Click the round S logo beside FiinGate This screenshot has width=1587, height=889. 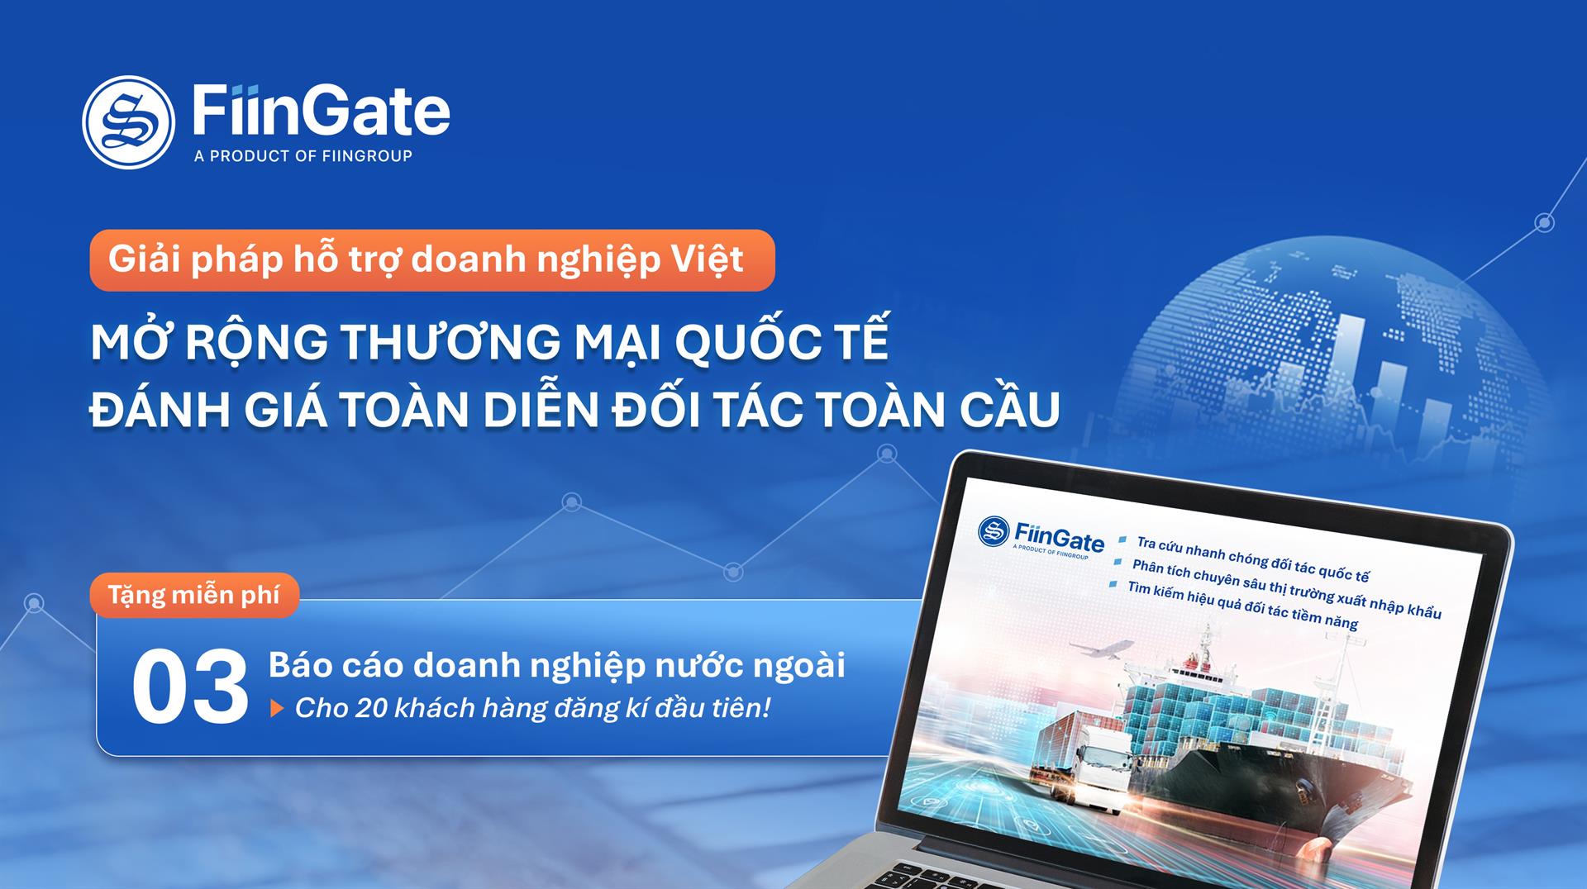tap(128, 122)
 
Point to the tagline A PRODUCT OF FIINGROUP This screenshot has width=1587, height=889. tap(303, 156)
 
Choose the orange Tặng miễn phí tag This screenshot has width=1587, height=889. tap(194, 595)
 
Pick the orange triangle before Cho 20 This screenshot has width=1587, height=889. tap(277, 709)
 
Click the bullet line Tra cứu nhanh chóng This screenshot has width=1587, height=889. tap(1252, 559)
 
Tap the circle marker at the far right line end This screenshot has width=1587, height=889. tap(1544, 222)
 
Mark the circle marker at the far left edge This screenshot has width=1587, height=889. tap(34, 604)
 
